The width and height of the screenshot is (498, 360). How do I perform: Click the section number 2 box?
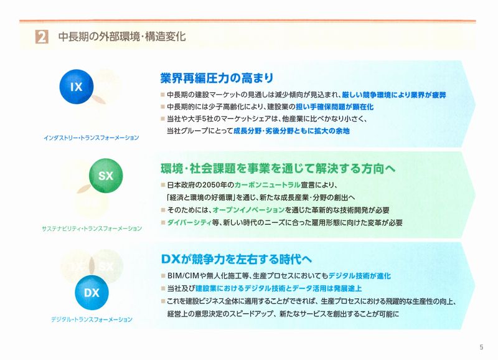pos(42,37)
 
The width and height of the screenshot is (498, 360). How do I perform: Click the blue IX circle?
pos(77,87)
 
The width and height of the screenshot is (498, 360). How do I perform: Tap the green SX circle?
pos(106,176)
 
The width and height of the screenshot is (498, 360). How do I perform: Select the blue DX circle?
pos(92,293)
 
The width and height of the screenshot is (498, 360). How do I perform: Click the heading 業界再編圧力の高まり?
pos(217,78)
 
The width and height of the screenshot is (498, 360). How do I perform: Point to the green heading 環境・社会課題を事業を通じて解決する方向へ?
pos(278,168)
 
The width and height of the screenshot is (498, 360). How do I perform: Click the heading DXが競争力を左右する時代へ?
pos(237,259)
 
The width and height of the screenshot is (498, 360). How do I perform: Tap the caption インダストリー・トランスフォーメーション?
pos(92,138)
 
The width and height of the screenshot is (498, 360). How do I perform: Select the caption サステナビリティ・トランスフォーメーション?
pos(92,229)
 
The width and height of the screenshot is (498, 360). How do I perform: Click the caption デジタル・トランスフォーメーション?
pos(92,320)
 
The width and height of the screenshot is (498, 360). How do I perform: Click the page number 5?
pos(481,347)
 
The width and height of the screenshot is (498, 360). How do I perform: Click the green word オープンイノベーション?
pos(248,210)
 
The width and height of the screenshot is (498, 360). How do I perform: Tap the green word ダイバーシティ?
pos(189,223)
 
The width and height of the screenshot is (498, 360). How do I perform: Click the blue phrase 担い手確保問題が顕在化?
pos(334,107)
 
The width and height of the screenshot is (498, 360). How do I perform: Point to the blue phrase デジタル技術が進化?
pos(360,276)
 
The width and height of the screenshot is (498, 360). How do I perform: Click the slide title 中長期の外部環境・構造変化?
pos(122,37)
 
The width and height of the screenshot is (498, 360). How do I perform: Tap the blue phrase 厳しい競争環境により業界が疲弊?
pos(394,95)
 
